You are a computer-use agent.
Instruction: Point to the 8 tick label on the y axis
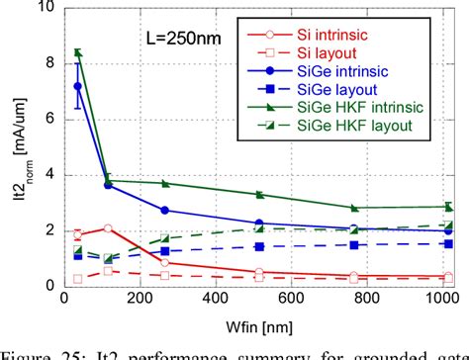[x=46, y=63]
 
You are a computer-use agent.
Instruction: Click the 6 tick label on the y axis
[x=46, y=119]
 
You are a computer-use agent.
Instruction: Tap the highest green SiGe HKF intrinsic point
[x=78, y=52]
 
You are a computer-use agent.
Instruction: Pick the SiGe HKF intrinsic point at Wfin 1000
[x=448, y=207]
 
